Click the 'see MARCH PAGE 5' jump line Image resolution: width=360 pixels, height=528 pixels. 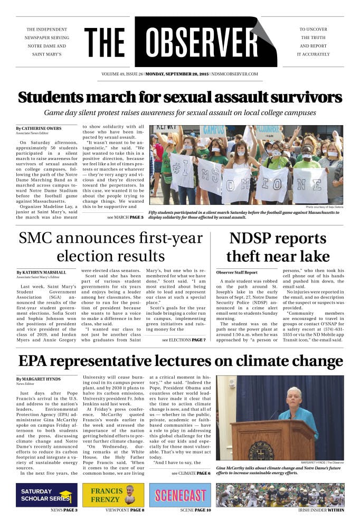[x=125, y=217]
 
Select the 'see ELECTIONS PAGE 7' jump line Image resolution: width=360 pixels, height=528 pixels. [x=184, y=340]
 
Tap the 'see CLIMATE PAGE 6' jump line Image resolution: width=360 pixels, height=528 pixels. [x=191, y=474]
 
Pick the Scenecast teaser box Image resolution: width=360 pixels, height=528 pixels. [x=180, y=495]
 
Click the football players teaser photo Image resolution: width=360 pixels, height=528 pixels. [x=280, y=495]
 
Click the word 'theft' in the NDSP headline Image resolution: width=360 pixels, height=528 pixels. [x=245, y=256]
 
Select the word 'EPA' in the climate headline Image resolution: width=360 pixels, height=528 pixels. [x=34, y=361]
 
